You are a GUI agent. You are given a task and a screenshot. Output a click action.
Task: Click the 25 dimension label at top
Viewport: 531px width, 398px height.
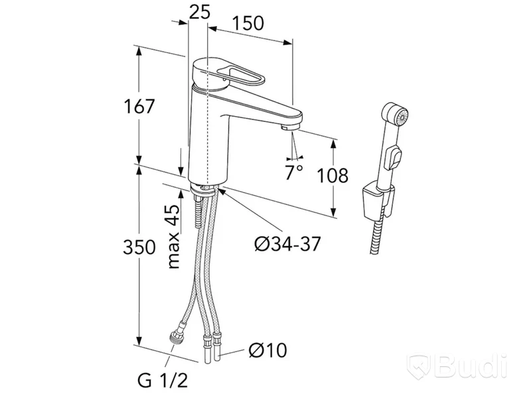tap(200, 12)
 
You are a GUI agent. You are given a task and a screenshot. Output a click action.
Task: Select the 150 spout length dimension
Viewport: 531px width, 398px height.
tap(248, 24)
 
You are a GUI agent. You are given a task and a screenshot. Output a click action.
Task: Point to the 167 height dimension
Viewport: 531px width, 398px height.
tap(139, 106)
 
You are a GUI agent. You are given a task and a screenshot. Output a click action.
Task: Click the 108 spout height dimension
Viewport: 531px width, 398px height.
tap(333, 175)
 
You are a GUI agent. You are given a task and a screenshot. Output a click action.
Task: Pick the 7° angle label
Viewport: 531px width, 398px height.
tap(293, 172)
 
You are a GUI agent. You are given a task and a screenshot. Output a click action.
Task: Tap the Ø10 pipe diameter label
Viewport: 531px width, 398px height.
tap(267, 350)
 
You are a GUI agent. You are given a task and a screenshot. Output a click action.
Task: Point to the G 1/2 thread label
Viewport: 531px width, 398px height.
tap(163, 381)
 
